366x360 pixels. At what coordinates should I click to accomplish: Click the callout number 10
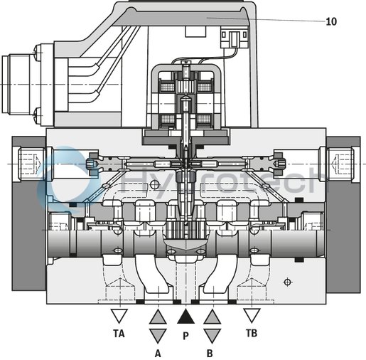pos(331,21)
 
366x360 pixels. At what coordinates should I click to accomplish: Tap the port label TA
pos(119,332)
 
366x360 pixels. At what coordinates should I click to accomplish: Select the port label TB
pos(251,332)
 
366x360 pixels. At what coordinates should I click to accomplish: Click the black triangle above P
pos(185,317)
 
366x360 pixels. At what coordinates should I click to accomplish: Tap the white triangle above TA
pos(119,315)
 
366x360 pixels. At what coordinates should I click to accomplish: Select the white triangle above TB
pos(251,315)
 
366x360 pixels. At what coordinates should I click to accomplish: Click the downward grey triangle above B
pos(212,334)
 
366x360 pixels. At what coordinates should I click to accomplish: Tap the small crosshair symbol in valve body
pos(286,282)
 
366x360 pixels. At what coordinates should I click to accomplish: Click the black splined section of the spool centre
pos(183,232)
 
